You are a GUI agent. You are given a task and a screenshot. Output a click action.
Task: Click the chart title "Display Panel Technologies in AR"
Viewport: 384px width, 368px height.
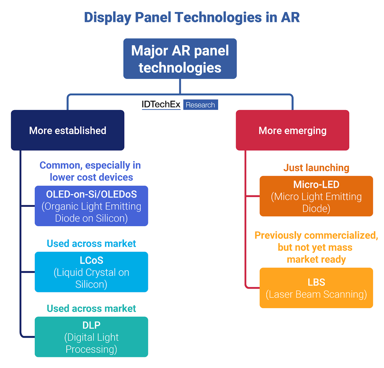(x=192, y=17)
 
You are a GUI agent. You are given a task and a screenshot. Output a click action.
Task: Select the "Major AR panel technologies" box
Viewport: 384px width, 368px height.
(x=180, y=59)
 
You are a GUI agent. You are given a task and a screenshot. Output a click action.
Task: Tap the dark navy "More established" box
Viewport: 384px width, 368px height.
(x=68, y=130)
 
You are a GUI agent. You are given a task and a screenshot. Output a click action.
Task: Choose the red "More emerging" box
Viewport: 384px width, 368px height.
(x=292, y=130)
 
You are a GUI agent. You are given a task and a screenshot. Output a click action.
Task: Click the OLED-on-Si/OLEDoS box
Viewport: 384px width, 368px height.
(x=91, y=206)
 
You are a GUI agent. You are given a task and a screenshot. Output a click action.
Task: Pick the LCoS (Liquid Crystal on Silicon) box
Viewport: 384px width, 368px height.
(x=91, y=272)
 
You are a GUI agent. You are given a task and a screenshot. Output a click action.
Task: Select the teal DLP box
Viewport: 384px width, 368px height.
(x=91, y=337)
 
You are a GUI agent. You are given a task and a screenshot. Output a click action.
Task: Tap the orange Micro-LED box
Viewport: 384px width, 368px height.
(x=316, y=196)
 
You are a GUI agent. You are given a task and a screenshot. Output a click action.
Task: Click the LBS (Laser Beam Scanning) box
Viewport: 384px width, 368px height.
(x=316, y=288)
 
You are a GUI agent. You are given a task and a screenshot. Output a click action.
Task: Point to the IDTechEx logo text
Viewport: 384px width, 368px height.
(x=161, y=105)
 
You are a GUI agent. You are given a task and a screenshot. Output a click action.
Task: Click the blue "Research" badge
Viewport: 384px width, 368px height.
(x=200, y=105)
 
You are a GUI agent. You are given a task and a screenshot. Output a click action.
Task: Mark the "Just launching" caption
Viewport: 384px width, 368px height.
(x=316, y=168)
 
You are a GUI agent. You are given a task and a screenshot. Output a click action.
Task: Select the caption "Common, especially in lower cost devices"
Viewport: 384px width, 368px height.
(x=91, y=171)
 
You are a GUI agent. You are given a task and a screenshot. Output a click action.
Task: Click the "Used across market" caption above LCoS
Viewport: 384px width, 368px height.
(x=91, y=244)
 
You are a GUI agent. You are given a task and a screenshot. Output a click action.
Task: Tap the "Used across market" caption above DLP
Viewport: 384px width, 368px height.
(x=91, y=308)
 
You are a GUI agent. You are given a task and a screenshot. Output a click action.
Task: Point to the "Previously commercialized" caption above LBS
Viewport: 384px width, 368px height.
(x=316, y=247)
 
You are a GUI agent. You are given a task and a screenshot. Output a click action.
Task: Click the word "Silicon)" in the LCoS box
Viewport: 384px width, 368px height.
(x=91, y=284)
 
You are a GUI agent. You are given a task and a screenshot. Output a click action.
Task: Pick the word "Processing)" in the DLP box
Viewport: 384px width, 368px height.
(x=91, y=349)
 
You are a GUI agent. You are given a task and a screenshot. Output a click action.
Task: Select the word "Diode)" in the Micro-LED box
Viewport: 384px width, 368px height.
(x=316, y=208)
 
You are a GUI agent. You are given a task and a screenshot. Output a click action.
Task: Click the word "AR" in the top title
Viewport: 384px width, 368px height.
(x=290, y=17)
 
